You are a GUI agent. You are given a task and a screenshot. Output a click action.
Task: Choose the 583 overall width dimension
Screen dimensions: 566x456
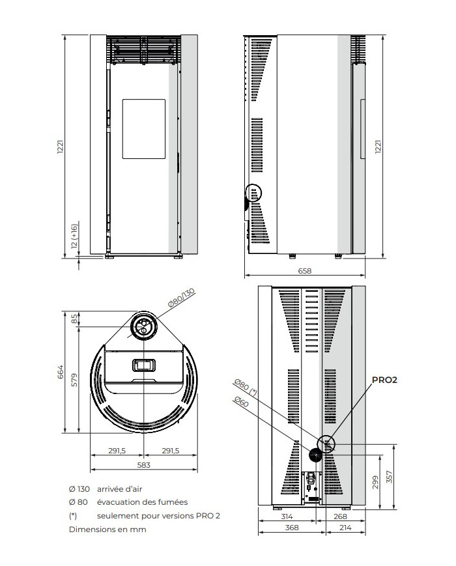pyautogui.click(x=143, y=464)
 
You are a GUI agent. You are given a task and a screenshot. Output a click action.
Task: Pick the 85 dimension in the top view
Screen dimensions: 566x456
pyautogui.click(x=74, y=318)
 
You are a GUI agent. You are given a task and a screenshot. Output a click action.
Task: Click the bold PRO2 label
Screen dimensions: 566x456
pyautogui.click(x=384, y=380)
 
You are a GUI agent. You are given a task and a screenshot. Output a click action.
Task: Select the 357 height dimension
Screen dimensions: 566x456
pyautogui.click(x=389, y=477)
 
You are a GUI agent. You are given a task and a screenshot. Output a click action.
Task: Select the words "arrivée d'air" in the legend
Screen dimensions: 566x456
pyautogui.click(x=121, y=488)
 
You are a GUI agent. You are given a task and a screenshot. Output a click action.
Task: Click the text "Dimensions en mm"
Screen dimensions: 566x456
pyautogui.click(x=107, y=530)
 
